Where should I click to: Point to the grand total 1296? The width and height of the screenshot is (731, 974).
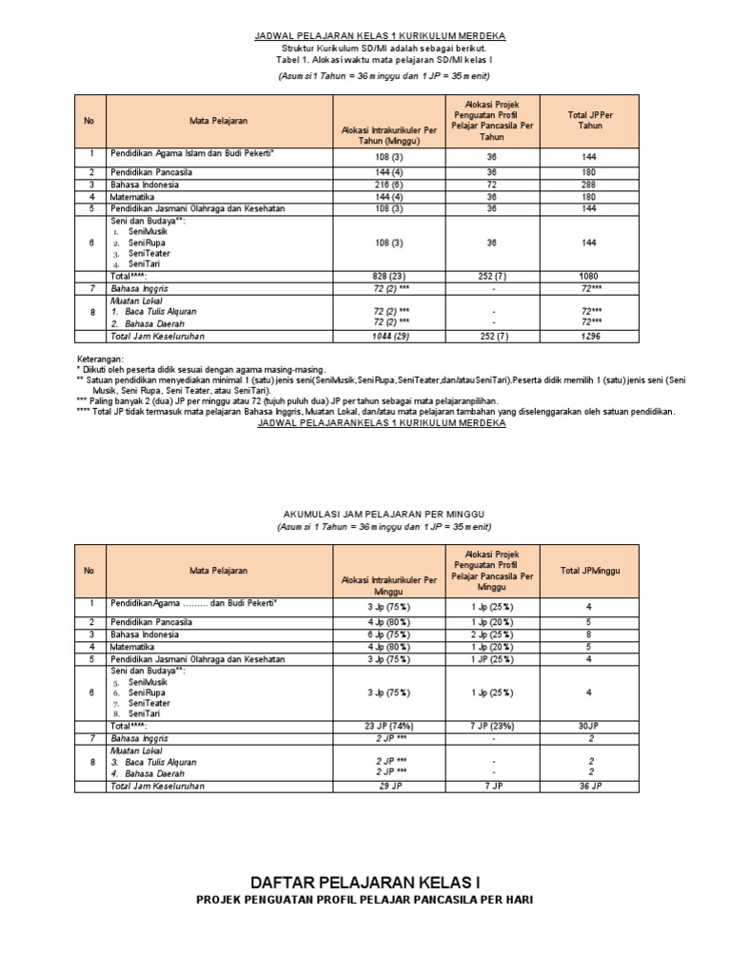[x=592, y=336]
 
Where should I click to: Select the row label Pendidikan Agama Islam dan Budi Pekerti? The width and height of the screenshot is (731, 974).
[x=192, y=151]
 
